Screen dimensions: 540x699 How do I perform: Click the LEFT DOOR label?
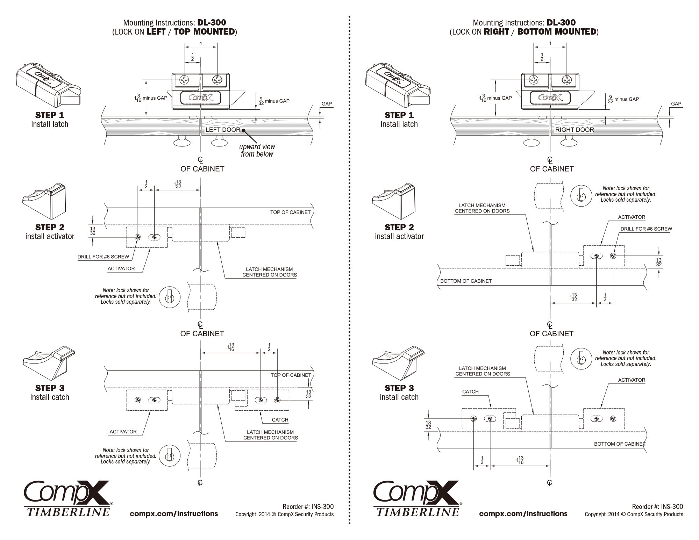(x=223, y=130)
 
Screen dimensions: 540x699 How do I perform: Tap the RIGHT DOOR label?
(x=575, y=130)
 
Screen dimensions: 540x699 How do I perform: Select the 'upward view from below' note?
(x=257, y=150)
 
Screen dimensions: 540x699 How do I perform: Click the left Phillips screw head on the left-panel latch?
(x=184, y=80)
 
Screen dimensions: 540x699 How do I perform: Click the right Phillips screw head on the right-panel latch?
(x=566, y=80)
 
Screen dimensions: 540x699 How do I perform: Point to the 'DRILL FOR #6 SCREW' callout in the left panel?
(x=103, y=257)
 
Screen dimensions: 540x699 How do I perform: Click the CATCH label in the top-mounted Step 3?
(x=280, y=420)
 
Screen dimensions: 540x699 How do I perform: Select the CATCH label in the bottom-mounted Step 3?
(x=470, y=391)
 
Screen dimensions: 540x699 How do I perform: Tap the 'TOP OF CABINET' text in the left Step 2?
(x=290, y=212)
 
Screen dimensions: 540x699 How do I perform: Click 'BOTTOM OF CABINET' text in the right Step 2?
(x=466, y=281)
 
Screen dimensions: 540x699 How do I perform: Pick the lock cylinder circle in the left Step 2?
(x=170, y=298)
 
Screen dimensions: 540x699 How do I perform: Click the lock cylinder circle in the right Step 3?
(x=581, y=359)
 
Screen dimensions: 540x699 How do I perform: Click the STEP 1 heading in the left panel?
(x=50, y=115)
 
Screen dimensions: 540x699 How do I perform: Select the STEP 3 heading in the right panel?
(x=399, y=388)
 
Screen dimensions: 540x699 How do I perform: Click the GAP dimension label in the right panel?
(x=676, y=104)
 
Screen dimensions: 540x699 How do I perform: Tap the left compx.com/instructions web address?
(x=174, y=513)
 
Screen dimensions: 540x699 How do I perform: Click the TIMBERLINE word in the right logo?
(x=418, y=512)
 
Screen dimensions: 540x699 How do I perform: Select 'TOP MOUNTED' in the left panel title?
(x=204, y=32)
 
